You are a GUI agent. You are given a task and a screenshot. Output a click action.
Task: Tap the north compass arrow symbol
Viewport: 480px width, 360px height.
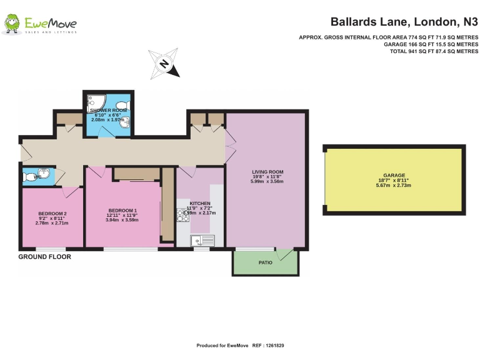click(164, 63)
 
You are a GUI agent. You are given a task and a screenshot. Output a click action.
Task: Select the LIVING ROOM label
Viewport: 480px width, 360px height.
click(267, 172)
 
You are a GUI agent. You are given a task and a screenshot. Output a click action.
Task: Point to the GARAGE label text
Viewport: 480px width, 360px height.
click(394, 176)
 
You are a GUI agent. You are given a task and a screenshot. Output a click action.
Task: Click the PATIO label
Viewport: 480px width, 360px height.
click(266, 263)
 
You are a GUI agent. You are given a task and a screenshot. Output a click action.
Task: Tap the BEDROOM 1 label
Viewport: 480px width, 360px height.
click(122, 210)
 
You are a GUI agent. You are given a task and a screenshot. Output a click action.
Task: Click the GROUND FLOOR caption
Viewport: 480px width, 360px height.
click(44, 257)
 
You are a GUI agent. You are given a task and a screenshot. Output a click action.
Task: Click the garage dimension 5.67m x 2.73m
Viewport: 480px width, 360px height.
click(394, 185)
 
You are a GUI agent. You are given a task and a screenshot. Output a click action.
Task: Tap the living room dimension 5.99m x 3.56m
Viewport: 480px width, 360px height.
click(267, 181)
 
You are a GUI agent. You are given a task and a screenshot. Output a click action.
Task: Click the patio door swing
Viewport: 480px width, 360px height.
click(285, 254)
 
